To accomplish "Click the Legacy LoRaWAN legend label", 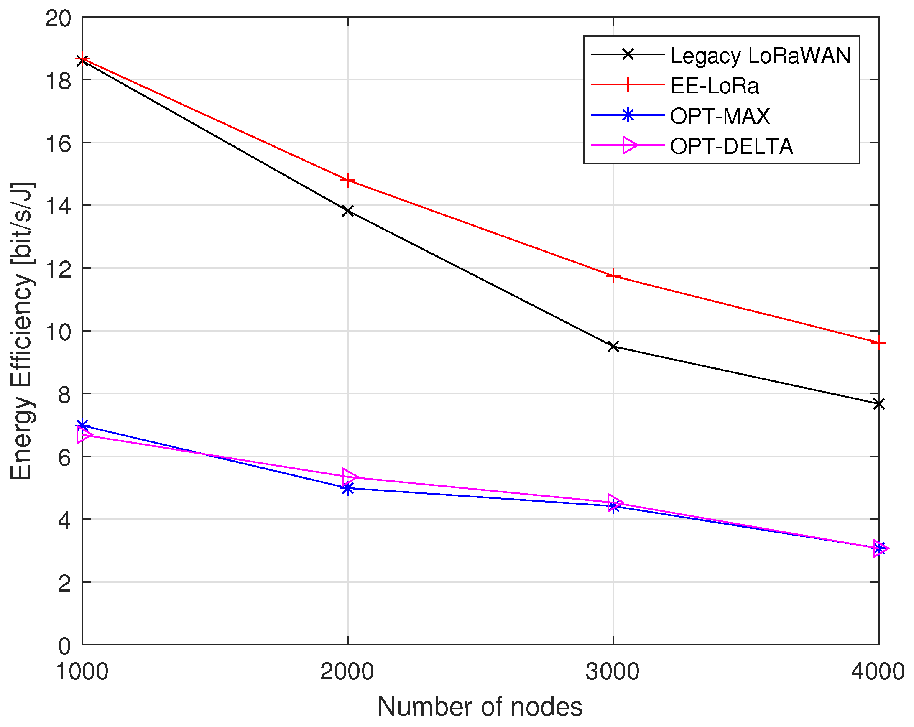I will point(761,56).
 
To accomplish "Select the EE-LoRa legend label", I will point(714,86).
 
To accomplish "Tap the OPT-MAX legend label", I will point(720,116).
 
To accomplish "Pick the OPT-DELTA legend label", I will point(731,147).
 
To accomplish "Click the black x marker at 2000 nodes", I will point(347,211).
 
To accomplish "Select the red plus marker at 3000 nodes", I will point(613,276).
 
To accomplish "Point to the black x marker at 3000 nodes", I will point(613,346).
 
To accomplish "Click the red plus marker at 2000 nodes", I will point(347,180).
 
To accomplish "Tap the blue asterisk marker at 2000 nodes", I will point(347,488).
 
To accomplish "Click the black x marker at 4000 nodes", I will point(878,403).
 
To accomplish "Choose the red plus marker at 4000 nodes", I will point(878,342).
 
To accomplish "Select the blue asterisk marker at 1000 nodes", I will point(82,425).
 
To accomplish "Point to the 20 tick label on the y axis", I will point(58,19).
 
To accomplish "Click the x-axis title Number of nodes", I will point(480,707).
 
